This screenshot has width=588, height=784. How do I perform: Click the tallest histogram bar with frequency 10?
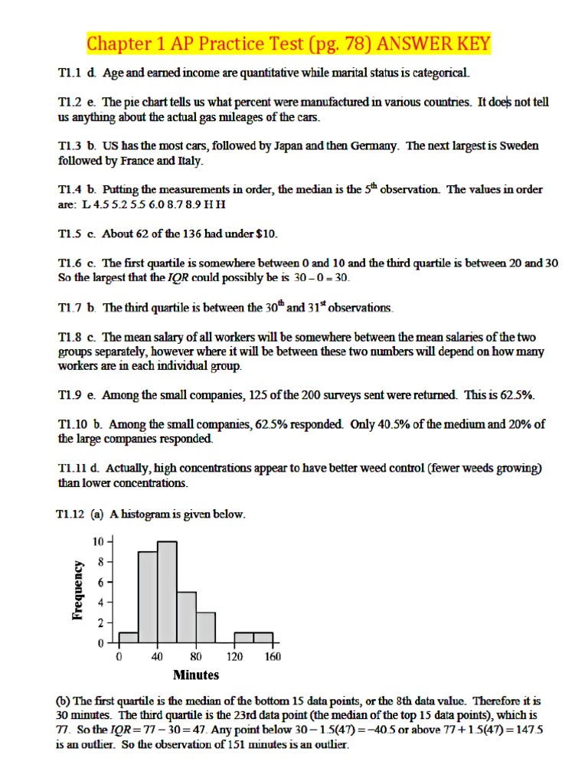pos(167,592)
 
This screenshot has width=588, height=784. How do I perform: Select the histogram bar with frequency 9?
pos(148,597)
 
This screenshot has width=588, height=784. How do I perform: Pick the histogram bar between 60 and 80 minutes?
pos(186,617)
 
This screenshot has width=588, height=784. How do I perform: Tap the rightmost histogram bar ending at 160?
pos(263,638)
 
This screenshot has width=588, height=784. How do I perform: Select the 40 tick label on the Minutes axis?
pos(158,656)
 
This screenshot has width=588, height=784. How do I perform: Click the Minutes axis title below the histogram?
pos(196,675)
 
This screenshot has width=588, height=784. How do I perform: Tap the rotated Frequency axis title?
pos(77,590)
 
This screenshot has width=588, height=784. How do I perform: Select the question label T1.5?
pos(72,233)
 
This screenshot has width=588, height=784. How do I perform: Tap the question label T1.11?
pos(75,467)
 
